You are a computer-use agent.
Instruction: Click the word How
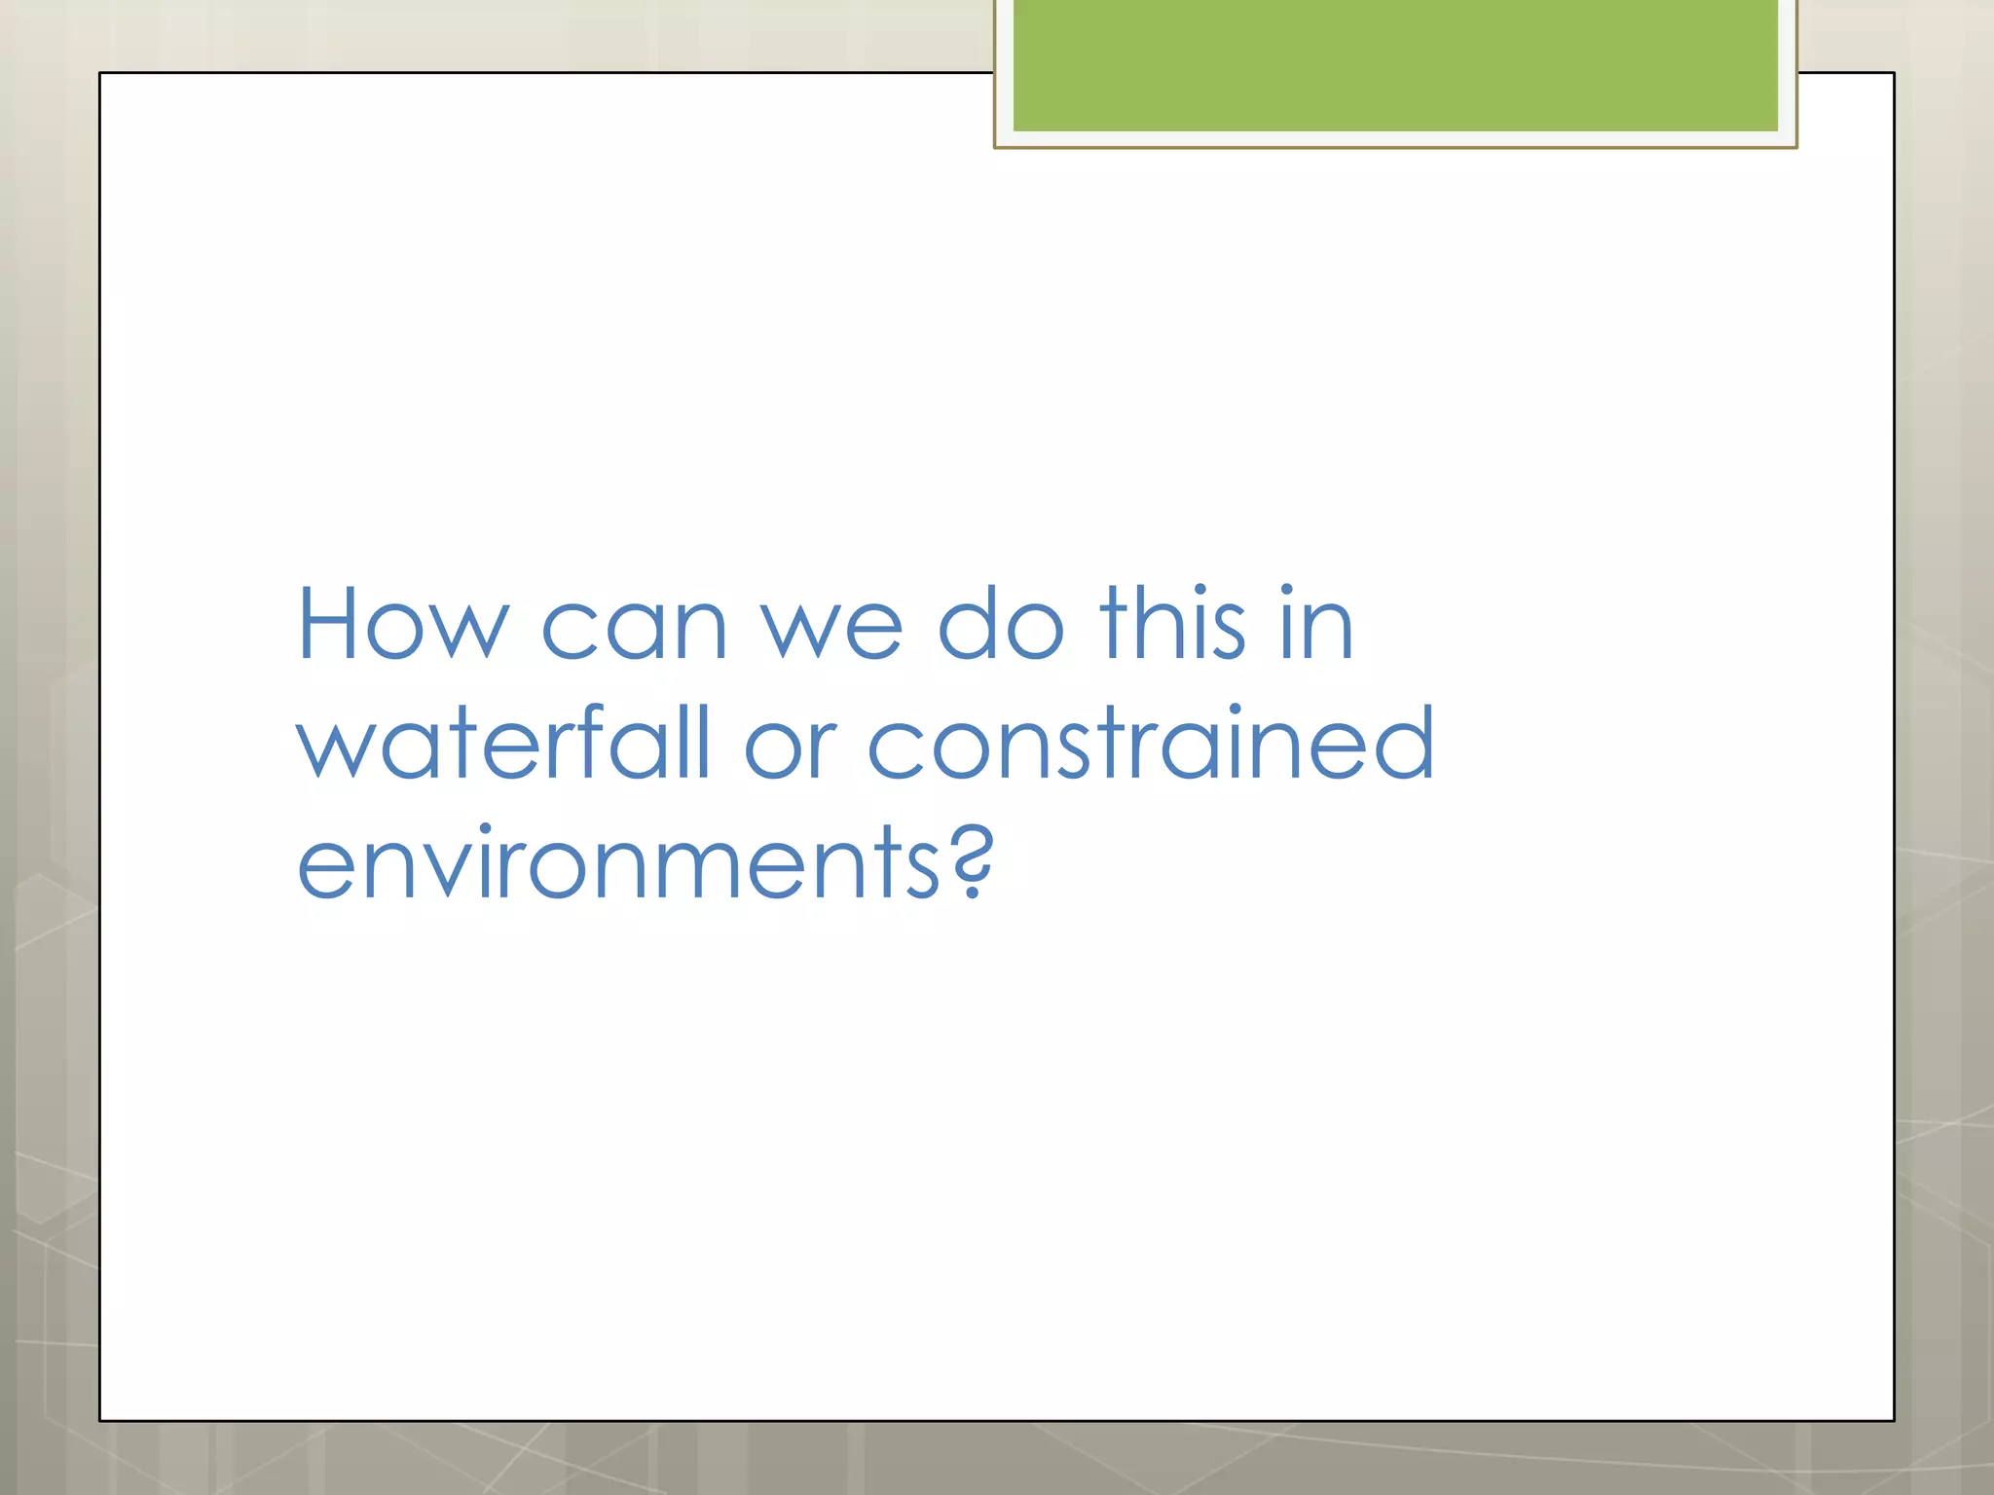pyautogui.click(x=402, y=625)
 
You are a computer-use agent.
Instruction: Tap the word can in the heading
pyautogui.click(x=634, y=628)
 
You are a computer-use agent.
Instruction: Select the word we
pyautogui.click(x=831, y=628)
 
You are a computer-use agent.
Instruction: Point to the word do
pyautogui.click(x=1001, y=625)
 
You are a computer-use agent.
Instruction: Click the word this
pyautogui.click(x=1172, y=625)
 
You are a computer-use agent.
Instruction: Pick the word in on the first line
pyautogui.click(x=1316, y=625)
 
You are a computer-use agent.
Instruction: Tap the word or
pyautogui.click(x=791, y=747)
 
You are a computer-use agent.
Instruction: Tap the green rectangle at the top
pyautogui.click(x=1395, y=64)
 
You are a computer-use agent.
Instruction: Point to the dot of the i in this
pyautogui.click(x=1200, y=590)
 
